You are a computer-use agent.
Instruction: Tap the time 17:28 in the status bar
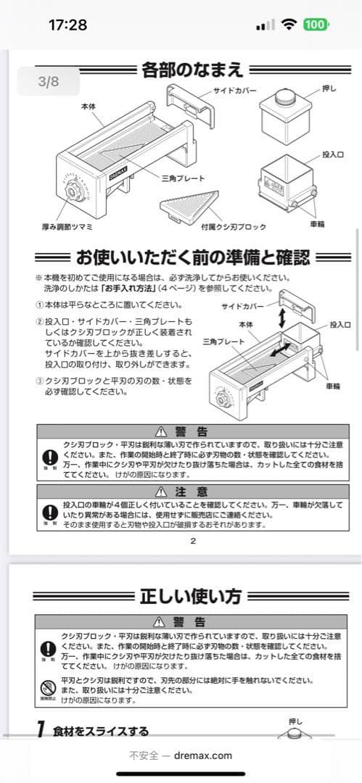67,24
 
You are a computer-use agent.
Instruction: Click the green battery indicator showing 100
315,24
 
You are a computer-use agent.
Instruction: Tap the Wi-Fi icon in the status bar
289,24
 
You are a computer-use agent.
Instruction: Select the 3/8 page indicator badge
49,81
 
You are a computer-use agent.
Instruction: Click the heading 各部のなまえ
192,70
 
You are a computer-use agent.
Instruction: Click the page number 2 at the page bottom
192,540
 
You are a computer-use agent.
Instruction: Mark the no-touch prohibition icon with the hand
48,688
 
